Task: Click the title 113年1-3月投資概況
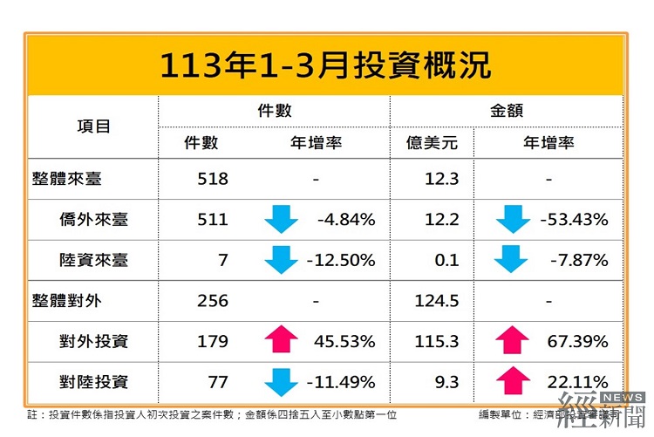(x=325, y=65)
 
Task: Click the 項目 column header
(x=93, y=126)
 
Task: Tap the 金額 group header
(x=507, y=111)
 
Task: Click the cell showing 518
(x=213, y=179)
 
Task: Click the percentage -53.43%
(x=573, y=220)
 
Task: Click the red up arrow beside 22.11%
(x=514, y=382)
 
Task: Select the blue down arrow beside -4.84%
(x=282, y=220)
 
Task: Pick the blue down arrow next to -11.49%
(x=282, y=382)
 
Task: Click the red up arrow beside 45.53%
(x=282, y=341)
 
